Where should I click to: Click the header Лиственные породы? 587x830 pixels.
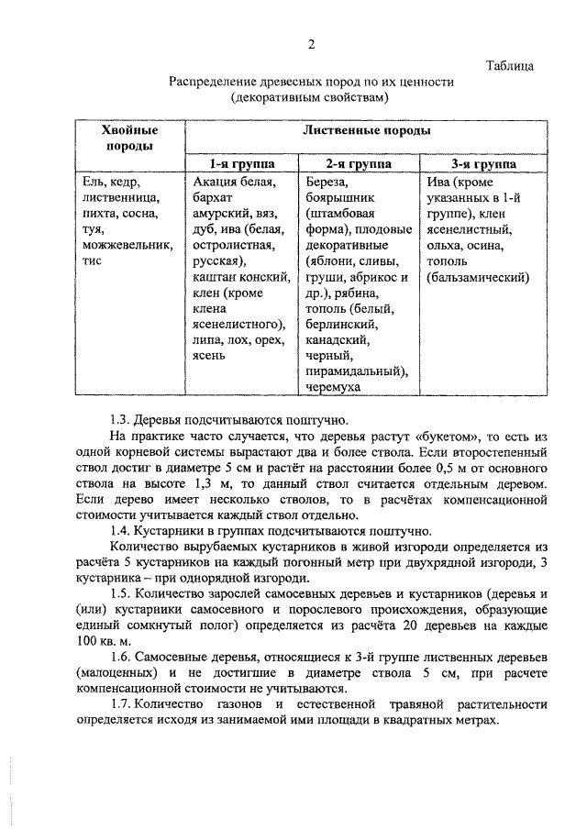[x=366, y=131]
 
